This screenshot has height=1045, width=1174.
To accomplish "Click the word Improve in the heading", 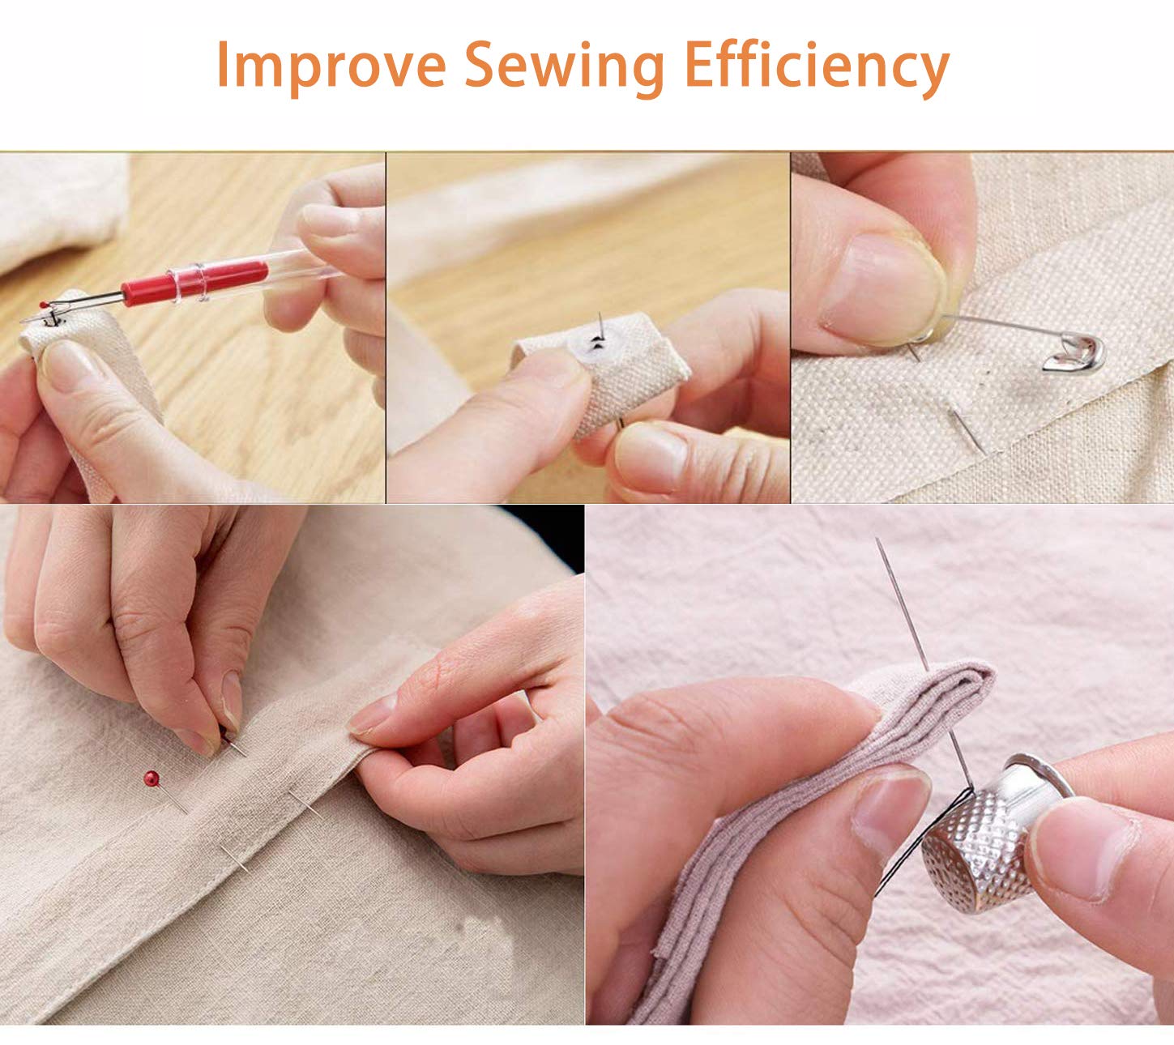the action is (331, 66).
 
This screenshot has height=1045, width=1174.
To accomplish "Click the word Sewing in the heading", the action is (565, 66).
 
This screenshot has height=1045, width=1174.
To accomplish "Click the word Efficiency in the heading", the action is (817, 66).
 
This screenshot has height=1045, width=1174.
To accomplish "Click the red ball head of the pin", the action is (152, 778).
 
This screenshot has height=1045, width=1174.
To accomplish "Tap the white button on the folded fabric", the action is (594, 346).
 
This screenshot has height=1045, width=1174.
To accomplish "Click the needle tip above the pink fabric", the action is (877, 539).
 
